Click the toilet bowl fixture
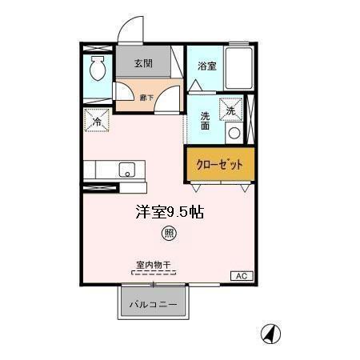click(x=98, y=70)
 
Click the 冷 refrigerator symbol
click(x=97, y=122)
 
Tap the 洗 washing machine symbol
click(x=231, y=110)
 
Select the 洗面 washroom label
click(x=204, y=120)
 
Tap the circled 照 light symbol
click(x=169, y=234)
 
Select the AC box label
click(x=241, y=276)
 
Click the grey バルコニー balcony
click(x=154, y=304)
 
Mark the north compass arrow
click(x=272, y=334)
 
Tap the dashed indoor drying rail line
click(x=153, y=272)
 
